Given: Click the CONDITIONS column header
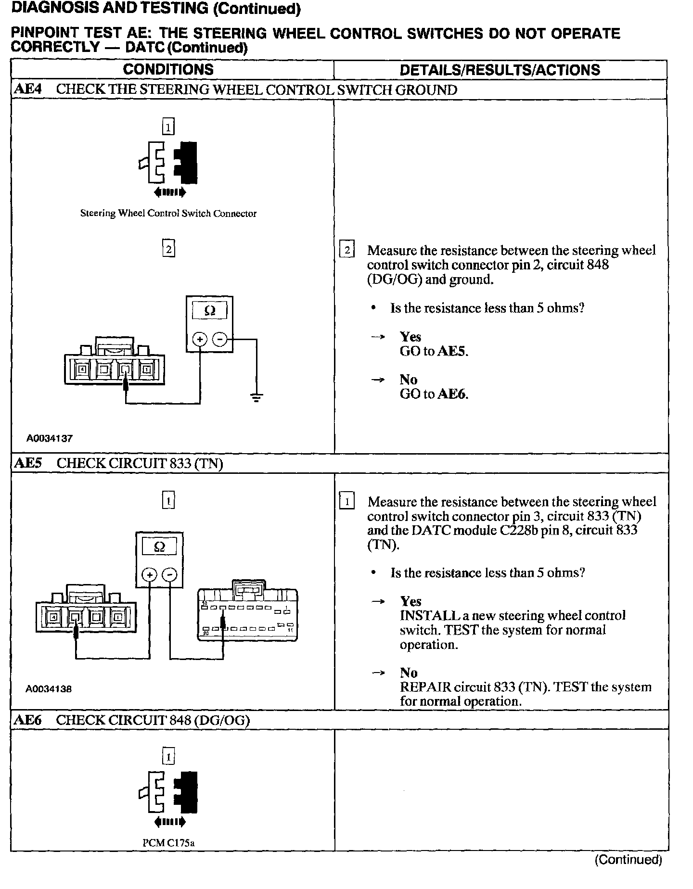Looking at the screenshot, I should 168,70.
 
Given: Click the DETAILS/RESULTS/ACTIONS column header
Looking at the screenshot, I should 500,70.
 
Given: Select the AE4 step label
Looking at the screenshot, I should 28,89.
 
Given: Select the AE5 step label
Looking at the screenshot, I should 28,463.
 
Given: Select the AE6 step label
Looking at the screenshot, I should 28,720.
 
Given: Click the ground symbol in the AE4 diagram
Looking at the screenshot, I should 257,397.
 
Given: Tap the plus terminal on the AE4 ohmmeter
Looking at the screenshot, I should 200,340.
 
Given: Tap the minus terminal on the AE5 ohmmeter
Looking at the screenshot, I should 169,575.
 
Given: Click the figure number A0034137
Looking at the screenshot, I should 49,438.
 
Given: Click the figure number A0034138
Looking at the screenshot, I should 49,689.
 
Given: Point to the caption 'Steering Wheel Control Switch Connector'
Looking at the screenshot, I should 168,214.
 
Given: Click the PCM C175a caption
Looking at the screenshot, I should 168,843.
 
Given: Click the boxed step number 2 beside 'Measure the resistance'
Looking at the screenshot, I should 346,251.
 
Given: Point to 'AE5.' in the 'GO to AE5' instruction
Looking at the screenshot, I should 452,351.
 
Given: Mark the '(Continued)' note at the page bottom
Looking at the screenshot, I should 628,860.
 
